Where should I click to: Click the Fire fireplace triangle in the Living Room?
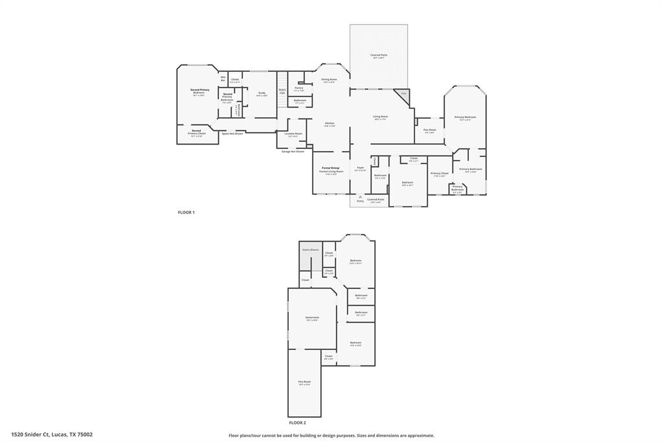(403, 95)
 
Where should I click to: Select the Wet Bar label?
(223, 78)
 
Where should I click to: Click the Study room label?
(262, 94)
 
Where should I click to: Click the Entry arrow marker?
(361, 198)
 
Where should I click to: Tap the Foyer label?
(360, 169)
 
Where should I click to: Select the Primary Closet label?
(440, 174)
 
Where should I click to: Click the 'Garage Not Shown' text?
(293, 151)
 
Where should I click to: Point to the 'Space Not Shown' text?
(232, 134)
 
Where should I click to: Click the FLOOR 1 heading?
(186, 212)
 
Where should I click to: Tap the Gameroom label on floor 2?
(312, 318)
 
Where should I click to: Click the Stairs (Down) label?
(310, 250)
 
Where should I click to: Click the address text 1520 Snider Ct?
(52, 435)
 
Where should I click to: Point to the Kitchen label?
(330, 124)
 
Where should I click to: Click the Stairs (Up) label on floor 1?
(282, 91)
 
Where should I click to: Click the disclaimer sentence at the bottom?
(331, 436)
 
